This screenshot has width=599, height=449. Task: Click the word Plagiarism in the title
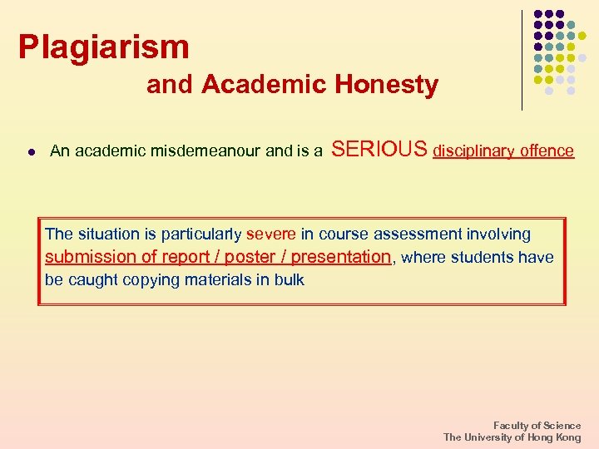coord(104,47)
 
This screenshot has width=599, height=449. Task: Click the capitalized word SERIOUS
coord(379,150)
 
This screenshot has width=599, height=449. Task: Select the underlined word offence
coord(547,151)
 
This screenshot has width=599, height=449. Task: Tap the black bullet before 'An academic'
coord(30,152)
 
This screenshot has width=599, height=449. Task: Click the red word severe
coord(271,234)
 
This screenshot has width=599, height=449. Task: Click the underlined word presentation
coord(341,257)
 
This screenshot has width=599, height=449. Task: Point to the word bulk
coord(289,280)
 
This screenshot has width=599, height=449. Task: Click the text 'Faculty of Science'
coord(537,426)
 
